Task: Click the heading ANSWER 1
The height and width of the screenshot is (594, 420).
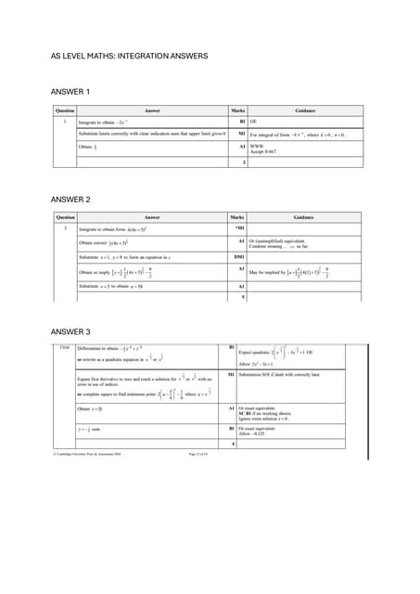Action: click(x=70, y=92)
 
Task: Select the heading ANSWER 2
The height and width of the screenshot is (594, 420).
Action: click(x=70, y=200)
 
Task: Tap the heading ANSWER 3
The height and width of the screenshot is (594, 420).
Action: click(x=70, y=331)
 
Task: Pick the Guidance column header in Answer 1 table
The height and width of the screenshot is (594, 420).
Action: click(x=305, y=110)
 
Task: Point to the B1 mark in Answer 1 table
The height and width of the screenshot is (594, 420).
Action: click(x=240, y=120)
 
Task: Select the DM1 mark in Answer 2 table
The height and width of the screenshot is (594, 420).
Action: click(x=239, y=255)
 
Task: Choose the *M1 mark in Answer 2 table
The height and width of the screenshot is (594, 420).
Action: click(x=239, y=227)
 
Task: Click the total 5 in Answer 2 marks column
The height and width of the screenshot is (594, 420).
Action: click(x=243, y=296)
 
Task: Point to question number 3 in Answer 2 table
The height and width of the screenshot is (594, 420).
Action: click(x=64, y=227)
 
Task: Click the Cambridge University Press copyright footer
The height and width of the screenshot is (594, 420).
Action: click(x=89, y=453)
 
